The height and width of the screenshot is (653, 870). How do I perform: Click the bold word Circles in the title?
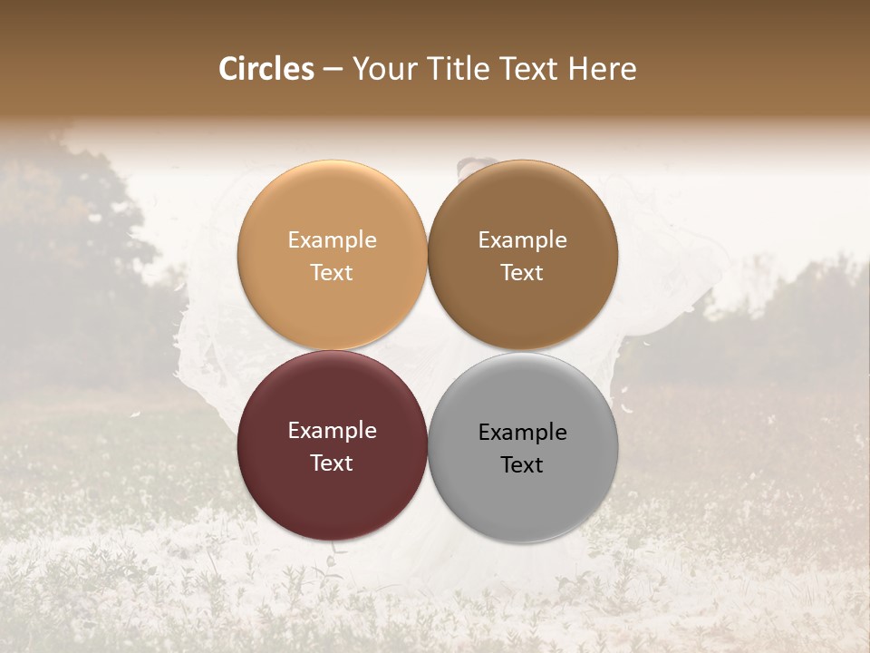pos(266,69)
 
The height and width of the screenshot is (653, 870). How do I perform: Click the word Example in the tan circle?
pos(332,240)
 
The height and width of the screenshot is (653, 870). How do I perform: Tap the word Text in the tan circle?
pos(332,273)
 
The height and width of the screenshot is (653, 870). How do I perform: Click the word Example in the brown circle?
pos(522,240)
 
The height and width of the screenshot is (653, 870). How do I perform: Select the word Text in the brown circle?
pos(522,273)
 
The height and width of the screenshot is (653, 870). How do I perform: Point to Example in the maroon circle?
pos(332,431)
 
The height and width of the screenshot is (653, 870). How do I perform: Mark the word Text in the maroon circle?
pos(332,463)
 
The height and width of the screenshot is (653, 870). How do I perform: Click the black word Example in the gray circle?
pos(522,433)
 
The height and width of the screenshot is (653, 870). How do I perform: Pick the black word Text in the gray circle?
pos(522,465)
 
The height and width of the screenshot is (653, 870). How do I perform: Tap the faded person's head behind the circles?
pos(475,168)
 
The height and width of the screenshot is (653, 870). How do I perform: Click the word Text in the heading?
pos(527,69)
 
